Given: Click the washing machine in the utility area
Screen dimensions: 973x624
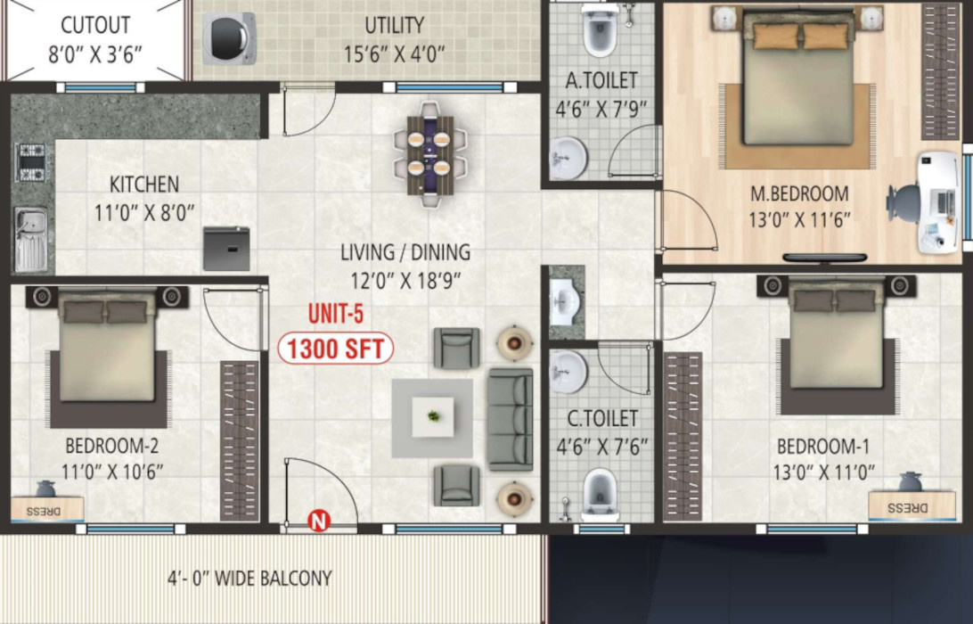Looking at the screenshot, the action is point(230,38).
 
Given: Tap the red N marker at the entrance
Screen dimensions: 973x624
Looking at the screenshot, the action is point(319,521).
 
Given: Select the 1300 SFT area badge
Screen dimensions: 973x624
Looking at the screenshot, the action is point(336,349).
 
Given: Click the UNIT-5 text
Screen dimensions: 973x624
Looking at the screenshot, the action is point(336,314).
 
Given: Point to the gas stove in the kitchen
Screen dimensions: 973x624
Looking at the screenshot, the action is point(31,161).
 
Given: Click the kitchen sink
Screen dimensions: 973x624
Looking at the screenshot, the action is point(31,240).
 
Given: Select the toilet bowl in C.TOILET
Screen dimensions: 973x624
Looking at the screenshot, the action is point(600,495).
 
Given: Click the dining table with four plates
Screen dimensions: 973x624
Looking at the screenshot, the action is point(429,153).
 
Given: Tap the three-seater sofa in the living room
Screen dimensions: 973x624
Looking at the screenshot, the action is point(511,419).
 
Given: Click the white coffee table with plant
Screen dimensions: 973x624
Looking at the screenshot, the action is point(433,417).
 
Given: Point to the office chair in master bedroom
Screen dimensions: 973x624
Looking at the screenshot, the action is point(903,202).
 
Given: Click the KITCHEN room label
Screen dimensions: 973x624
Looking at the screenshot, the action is point(144,185).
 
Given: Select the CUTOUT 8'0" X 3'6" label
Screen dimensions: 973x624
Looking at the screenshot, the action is point(95,40).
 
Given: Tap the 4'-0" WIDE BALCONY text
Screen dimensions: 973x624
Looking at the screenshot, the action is point(249,578).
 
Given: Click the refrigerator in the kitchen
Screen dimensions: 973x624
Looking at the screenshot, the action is point(226,249).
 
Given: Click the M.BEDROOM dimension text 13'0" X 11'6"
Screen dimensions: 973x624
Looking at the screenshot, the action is point(800,220).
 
